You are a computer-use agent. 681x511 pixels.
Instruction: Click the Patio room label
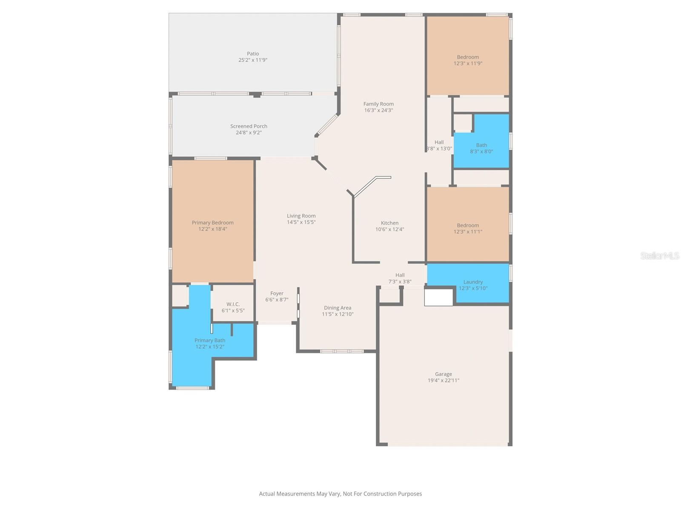(253, 54)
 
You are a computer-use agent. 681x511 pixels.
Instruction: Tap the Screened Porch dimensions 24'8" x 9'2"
(249, 133)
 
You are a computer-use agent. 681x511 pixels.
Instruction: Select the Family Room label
(378, 104)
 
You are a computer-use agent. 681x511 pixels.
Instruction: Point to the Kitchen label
(389, 223)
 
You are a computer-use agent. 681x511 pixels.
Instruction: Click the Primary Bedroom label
(212, 223)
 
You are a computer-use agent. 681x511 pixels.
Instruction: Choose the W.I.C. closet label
(233, 304)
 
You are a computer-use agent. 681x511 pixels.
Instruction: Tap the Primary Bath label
(210, 340)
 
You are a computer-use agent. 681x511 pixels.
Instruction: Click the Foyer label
(277, 293)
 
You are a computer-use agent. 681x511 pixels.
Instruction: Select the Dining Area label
(338, 308)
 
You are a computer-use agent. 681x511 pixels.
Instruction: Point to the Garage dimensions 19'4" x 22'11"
(444, 381)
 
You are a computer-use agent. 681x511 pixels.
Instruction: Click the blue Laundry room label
(473, 282)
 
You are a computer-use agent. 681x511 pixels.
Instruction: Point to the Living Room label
(301, 216)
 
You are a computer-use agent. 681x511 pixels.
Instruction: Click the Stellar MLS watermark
(659, 255)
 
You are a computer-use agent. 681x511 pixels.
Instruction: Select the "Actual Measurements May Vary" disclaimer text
(340, 494)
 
